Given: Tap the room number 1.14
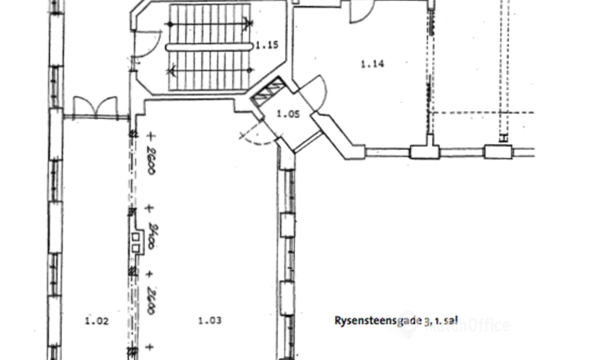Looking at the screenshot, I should point(372,64).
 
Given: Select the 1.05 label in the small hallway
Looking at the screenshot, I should point(287,113).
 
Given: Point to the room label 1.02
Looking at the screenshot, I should point(96,322).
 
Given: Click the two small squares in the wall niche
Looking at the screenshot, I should point(135,241).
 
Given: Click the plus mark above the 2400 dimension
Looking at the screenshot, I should point(150,209).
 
